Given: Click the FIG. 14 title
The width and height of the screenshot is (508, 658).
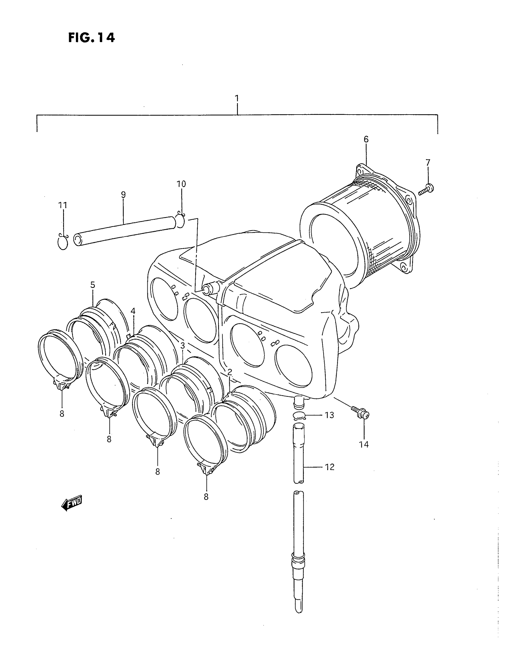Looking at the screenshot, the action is coord(91,38).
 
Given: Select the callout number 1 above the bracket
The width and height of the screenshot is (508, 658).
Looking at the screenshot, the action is coord(237,98).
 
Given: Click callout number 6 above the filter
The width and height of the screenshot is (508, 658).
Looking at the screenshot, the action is coord(366,139).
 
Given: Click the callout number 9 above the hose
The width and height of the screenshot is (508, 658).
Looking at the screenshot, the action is coord(123,195).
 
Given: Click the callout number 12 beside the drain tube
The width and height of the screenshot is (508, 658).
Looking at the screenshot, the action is coord(330,467).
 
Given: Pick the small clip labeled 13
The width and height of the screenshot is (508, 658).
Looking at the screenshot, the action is coord(299,416).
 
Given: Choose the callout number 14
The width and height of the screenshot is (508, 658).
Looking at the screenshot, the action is coord(364,444).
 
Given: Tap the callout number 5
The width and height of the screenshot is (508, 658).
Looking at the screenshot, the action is coord(93,285).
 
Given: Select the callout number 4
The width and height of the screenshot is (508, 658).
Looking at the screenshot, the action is coord(133,311).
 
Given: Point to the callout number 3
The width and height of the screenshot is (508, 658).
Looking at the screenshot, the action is coord(183,345).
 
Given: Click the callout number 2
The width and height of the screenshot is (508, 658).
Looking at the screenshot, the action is coord(229,372).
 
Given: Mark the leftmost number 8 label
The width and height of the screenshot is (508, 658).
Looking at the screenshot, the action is coord(62,414).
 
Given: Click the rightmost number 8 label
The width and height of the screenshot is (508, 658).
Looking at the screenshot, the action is coord(206,497).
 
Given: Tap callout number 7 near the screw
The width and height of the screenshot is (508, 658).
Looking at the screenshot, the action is coord(428,163).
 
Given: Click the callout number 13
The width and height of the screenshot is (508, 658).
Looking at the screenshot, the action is coord(330,415).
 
